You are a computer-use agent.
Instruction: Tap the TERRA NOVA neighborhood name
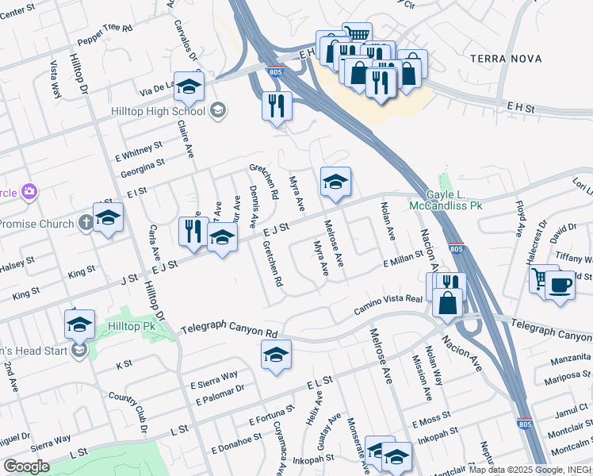tap(506, 59)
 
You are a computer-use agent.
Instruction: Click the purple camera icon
tap(29, 191)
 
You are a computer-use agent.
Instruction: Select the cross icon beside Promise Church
tap(86, 224)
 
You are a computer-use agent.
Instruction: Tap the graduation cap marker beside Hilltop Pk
tap(80, 324)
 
